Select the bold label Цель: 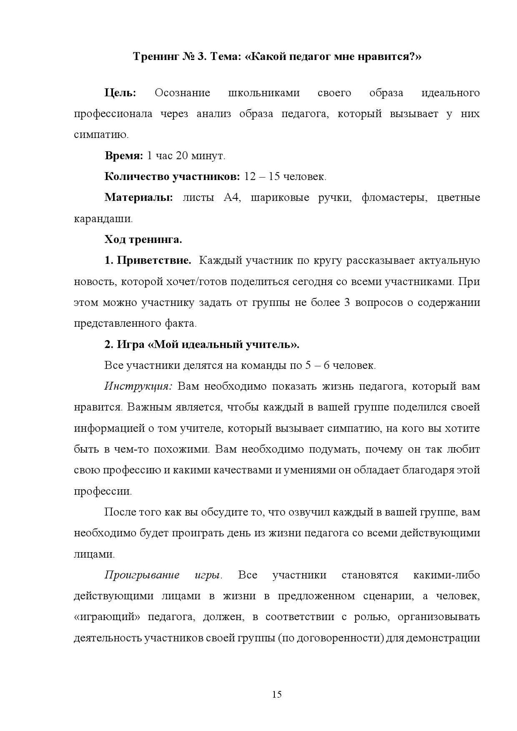[x=120, y=93]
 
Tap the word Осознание [x=182, y=93]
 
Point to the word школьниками [x=264, y=93]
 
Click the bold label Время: [x=123, y=156]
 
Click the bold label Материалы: [x=138, y=198]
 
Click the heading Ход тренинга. [x=143, y=240]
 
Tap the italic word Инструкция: [x=138, y=386]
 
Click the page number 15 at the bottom [x=277, y=694]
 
